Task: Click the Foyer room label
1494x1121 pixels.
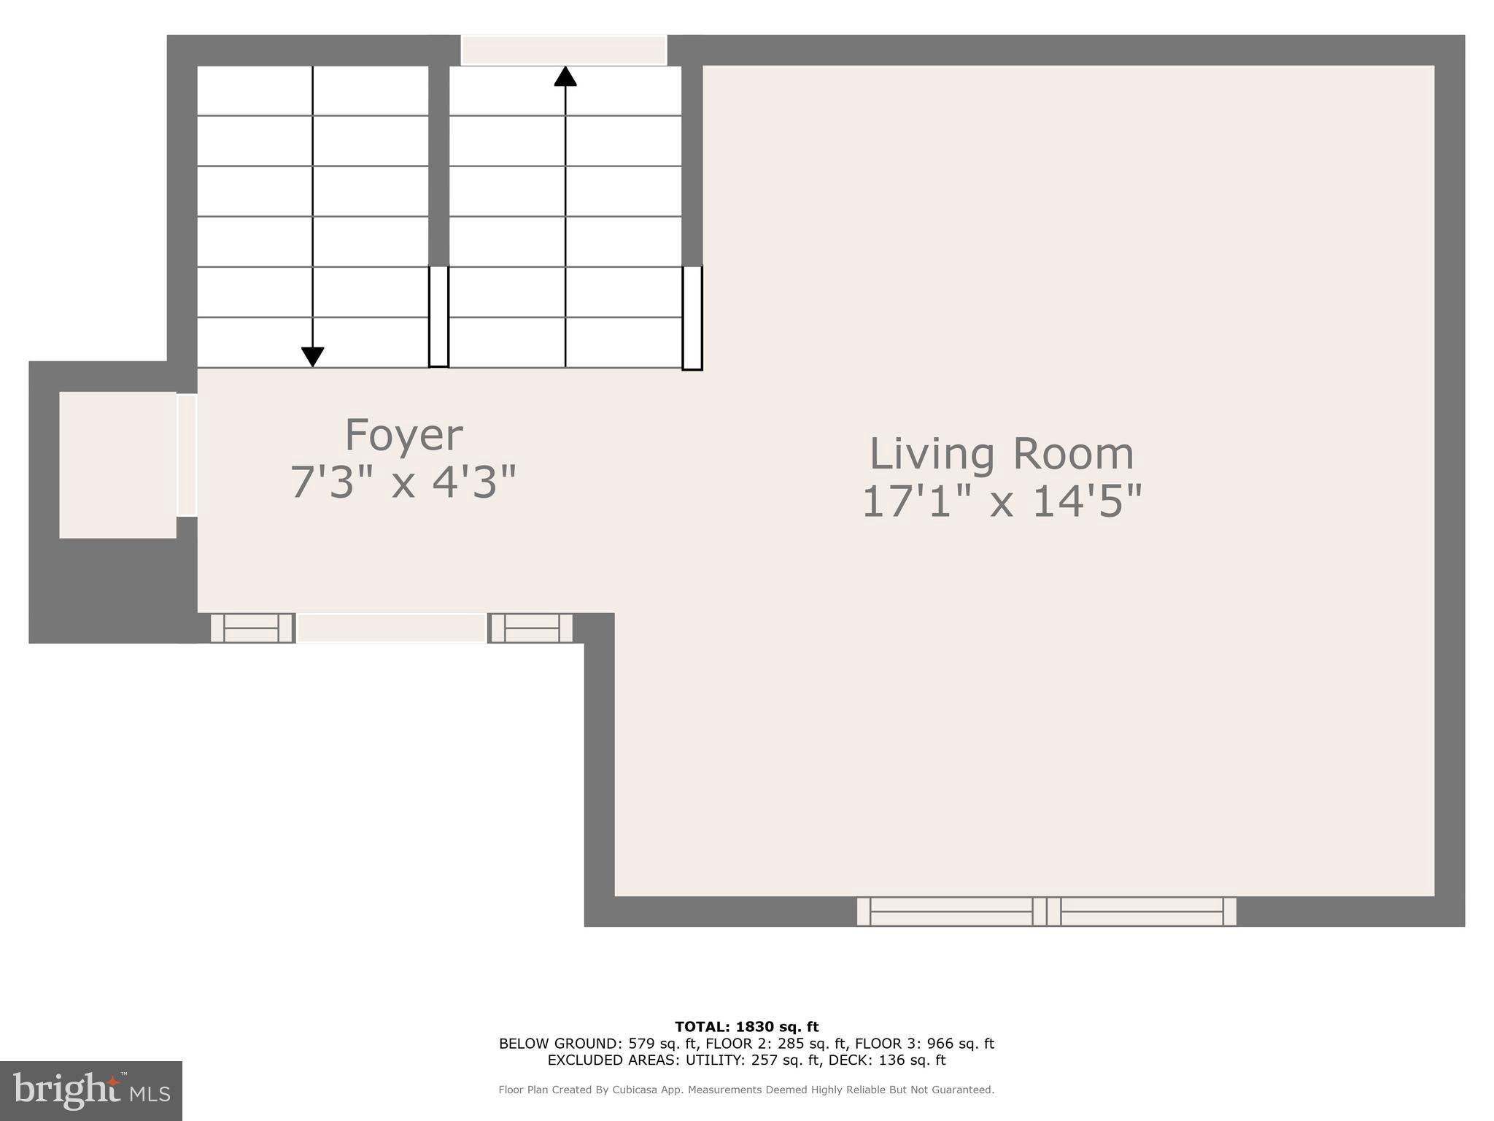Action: coord(403,436)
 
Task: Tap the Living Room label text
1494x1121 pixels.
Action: coord(1001,454)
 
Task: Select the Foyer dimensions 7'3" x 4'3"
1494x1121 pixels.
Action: coord(403,483)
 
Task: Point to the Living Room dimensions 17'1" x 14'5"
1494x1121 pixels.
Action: coord(1001,502)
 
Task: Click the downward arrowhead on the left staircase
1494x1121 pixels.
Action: coord(312,357)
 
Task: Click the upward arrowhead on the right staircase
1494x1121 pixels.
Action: coord(565,77)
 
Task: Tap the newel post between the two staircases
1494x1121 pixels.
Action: coord(438,316)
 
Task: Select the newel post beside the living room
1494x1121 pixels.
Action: coord(692,318)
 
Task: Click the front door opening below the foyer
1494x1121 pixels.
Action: coord(391,628)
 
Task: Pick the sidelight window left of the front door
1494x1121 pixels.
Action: coord(252,628)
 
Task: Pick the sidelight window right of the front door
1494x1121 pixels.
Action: coord(531,628)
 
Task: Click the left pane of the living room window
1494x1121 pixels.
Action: coord(951,912)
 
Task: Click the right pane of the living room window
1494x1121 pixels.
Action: coord(1142,912)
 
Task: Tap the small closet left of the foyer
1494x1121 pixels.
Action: coord(117,465)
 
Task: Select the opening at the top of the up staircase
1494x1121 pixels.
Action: coord(564,50)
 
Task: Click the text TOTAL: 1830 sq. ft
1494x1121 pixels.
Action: coord(746,1027)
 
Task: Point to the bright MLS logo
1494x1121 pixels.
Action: coord(91,1090)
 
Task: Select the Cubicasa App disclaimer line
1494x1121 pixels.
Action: coord(746,1090)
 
